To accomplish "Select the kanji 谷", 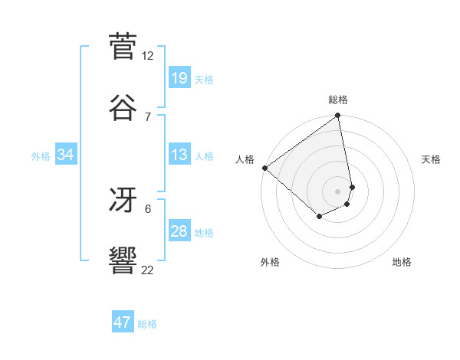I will tap(123, 106).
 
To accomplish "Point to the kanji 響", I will tap(123, 260).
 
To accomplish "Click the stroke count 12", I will tap(148, 56).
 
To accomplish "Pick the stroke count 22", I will tap(148, 269).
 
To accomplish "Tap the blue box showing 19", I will tap(179, 78).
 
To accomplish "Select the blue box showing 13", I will tap(179, 155).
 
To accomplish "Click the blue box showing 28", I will tap(179, 231).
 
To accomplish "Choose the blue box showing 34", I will tap(66, 155).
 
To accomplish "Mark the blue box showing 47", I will tap(123, 322).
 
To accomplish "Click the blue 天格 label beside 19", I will tap(204, 79).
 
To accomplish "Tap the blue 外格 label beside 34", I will tap(41, 155).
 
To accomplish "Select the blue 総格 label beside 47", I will tap(147, 323).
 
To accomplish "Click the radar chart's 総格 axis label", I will tap(338, 100).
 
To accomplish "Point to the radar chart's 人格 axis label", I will tap(245, 159).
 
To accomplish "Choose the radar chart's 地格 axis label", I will tap(402, 262).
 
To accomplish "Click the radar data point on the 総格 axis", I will tap(338, 116).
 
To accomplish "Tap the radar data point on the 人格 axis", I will tap(264, 168).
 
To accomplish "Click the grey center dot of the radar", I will tap(338, 191).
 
